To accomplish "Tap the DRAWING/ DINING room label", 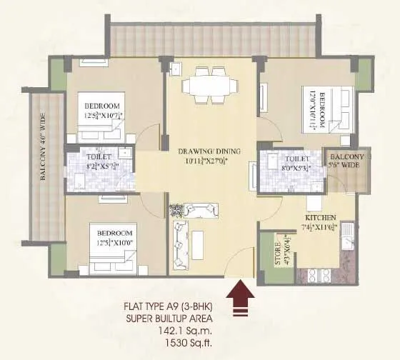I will [209, 151].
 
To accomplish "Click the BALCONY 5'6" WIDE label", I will [346, 161].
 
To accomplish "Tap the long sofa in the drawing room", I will [180, 244].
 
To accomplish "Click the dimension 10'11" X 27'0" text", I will [209, 161].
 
